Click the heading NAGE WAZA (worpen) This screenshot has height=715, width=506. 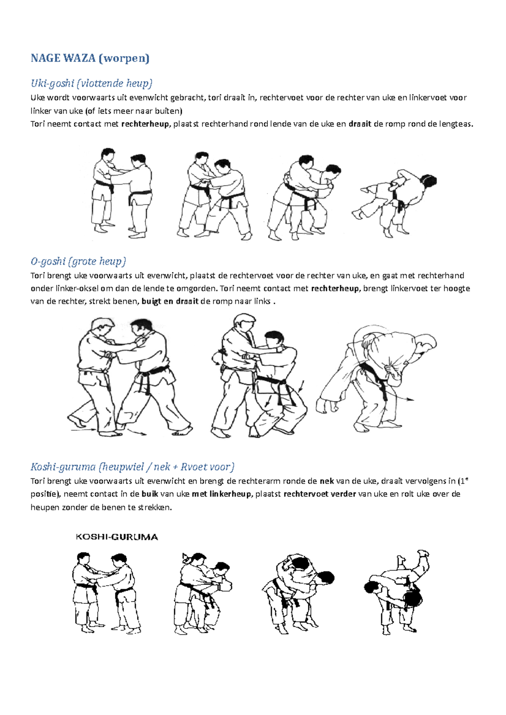point(90,58)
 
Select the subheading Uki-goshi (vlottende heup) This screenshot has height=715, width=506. point(91,83)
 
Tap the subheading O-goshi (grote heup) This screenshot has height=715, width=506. point(78,261)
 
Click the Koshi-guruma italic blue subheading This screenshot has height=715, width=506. point(132,467)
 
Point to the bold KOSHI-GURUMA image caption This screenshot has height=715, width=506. point(117,537)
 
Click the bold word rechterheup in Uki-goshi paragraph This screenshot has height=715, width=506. point(145,124)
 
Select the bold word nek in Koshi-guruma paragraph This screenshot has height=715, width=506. point(327,481)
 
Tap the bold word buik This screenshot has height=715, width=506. point(150,494)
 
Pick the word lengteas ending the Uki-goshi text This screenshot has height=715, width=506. point(456,124)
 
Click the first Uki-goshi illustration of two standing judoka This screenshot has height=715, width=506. point(121,193)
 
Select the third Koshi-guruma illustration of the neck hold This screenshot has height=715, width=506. point(296,594)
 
